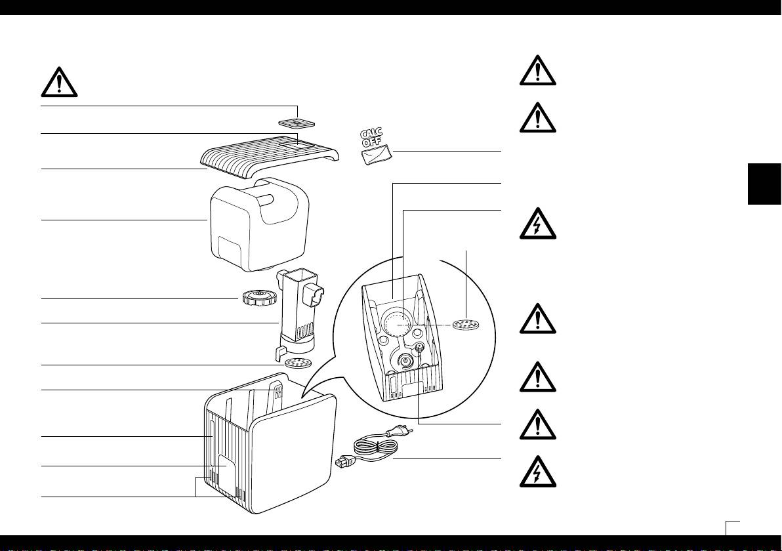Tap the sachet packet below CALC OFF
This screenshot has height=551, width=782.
(x=377, y=155)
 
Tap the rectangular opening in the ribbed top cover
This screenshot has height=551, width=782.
(x=292, y=142)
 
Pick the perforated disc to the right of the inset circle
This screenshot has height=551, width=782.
(x=466, y=324)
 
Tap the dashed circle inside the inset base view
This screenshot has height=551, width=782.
(x=395, y=323)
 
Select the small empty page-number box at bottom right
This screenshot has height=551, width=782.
(x=733, y=528)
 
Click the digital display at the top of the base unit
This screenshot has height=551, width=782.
(x=279, y=392)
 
